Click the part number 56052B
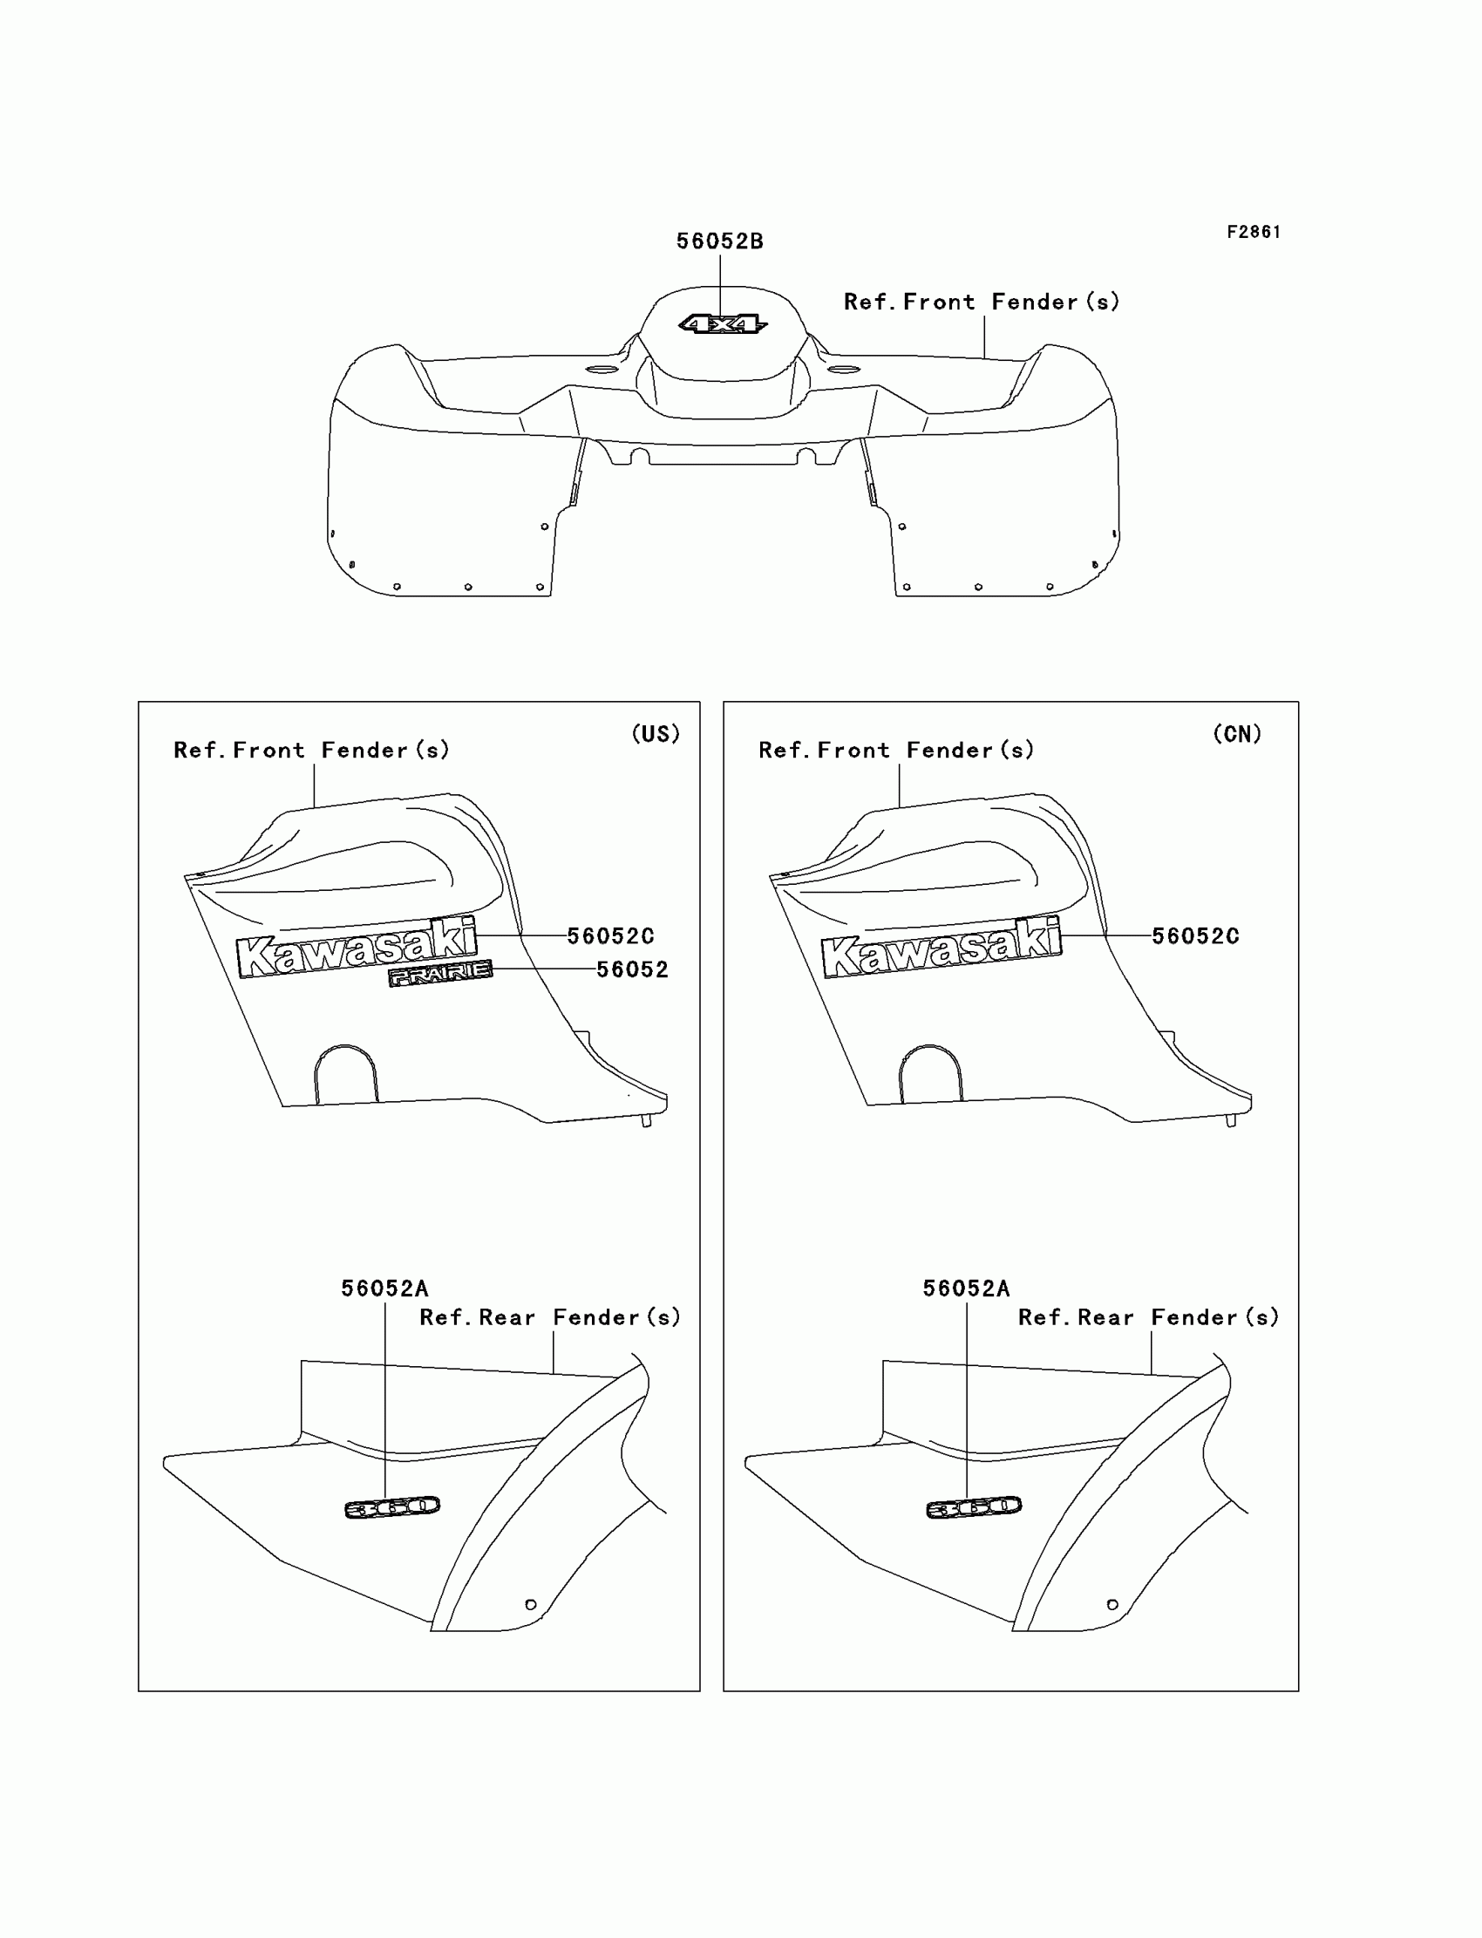coord(720,241)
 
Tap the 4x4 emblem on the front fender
coord(723,324)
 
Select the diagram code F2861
coord(1254,232)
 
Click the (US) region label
coord(656,734)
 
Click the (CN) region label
coord(1237,734)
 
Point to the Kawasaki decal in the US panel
coord(357,949)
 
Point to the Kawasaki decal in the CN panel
coord(942,949)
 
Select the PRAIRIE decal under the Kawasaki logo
coord(440,973)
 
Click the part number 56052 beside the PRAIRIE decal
coord(632,969)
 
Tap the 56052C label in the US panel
coord(610,936)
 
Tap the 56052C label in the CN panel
coord(1195,936)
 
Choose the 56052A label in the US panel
coord(384,1289)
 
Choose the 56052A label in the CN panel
coord(966,1289)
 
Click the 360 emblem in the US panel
coord(391,1507)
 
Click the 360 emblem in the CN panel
coord(973,1507)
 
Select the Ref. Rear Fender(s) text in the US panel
coord(549,1318)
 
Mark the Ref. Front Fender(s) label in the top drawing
coord(981,302)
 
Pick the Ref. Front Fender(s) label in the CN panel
coord(895,750)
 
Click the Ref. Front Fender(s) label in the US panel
coord(311,750)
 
